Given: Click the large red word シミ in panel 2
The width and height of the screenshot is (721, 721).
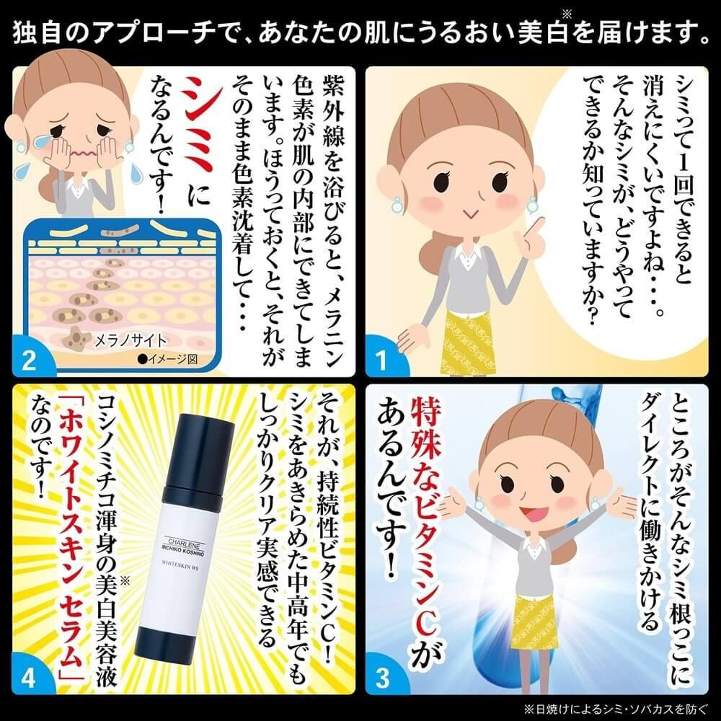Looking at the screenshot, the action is pos(199,124).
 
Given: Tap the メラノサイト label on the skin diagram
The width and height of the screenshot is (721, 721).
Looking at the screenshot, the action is pos(130,341).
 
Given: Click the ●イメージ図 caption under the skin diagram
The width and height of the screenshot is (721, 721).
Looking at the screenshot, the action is pos(167,359).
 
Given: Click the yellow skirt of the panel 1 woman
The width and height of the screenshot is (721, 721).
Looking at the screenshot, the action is pos(462,341).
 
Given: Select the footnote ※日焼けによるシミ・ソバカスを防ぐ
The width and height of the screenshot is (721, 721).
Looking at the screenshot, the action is pos(616,709).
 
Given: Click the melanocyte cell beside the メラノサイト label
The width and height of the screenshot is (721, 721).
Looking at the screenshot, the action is pos(76,338).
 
